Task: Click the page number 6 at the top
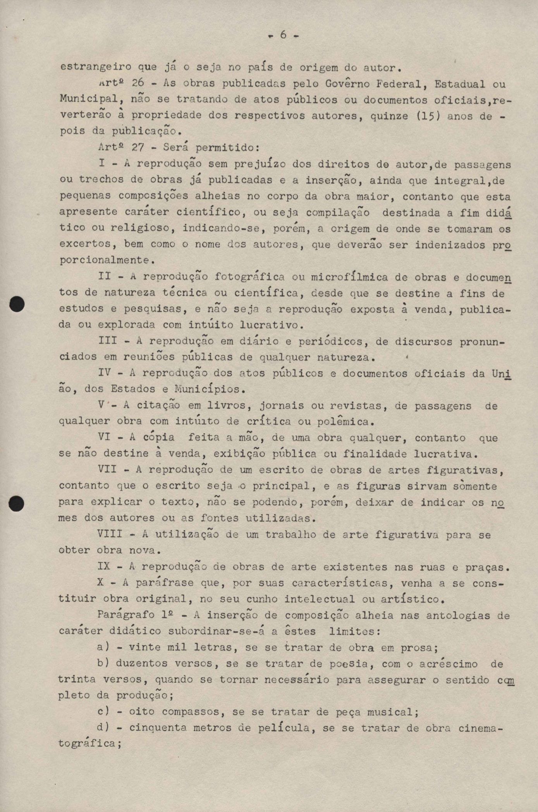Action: (283, 35)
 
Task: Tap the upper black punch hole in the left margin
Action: (17, 304)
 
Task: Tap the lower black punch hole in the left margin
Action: (17, 504)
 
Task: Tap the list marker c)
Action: (103, 712)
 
